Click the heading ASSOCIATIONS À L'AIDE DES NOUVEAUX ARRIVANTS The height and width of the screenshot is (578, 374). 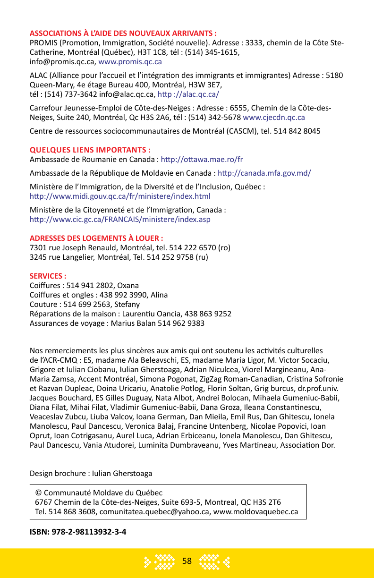123,34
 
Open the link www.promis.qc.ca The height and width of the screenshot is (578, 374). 130,62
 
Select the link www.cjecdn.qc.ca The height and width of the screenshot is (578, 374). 273,117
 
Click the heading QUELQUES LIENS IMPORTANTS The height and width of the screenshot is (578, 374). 90,150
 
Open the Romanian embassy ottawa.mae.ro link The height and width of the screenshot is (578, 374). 202,159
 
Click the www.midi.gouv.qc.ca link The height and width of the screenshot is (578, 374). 120,196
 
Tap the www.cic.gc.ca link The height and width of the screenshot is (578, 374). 120,219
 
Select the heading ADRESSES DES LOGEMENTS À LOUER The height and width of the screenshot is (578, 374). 96,238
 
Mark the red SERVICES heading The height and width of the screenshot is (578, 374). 48,276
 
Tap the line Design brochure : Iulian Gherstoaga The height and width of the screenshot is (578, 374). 91,473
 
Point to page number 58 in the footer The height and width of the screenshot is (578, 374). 187,561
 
